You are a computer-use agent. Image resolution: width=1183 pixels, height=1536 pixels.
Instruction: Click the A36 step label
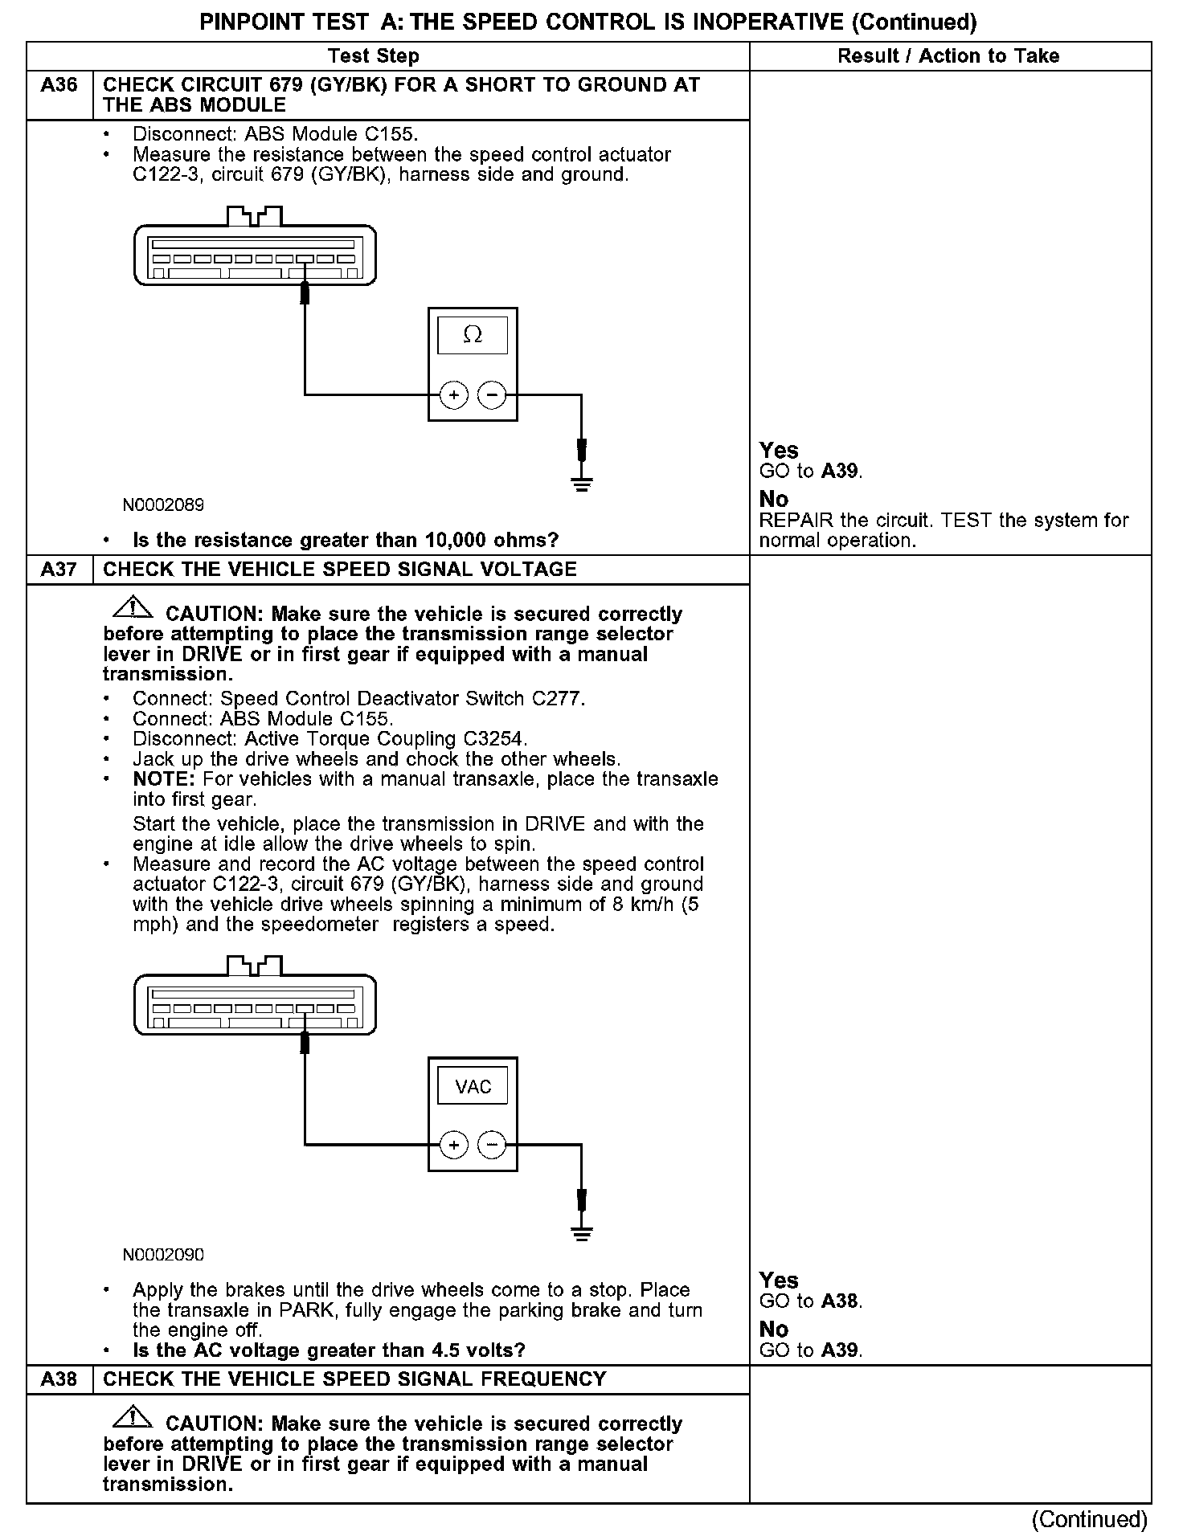[x=59, y=85]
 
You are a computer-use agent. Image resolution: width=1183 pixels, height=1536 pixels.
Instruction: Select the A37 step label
[x=59, y=570]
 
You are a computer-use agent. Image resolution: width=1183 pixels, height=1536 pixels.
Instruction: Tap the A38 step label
[x=59, y=1379]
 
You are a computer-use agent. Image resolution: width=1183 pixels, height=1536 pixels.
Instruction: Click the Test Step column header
[x=374, y=56]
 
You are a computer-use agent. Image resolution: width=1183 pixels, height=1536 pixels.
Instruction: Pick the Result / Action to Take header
[x=948, y=56]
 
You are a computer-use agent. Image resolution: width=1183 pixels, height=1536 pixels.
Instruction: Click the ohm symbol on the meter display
[x=473, y=335]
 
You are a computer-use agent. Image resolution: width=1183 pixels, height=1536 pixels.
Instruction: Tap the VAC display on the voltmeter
[x=473, y=1087]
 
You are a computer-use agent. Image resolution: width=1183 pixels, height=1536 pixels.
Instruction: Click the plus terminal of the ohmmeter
[x=454, y=395]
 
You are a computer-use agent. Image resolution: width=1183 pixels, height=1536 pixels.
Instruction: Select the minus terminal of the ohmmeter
[x=492, y=395]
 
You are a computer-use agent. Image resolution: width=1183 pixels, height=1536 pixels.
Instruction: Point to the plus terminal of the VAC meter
[x=454, y=1145]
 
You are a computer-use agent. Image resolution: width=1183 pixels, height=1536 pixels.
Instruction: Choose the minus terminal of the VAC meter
[x=492, y=1145]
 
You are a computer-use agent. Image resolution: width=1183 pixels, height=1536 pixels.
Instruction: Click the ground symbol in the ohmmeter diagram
[x=582, y=484]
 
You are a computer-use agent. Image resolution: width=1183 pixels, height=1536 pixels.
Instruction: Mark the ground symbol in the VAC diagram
[x=582, y=1233]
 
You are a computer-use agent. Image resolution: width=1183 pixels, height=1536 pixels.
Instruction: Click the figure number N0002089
[x=163, y=505]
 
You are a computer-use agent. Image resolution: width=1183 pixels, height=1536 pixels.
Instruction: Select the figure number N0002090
[x=163, y=1255]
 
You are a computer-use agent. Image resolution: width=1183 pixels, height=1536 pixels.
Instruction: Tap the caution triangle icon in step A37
[x=133, y=608]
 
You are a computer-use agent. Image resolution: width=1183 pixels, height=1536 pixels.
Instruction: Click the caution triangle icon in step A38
[x=133, y=1418]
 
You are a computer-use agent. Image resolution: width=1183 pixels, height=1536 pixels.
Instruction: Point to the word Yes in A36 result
[x=779, y=451]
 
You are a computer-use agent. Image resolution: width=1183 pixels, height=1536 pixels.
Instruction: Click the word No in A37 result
[x=773, y=1330]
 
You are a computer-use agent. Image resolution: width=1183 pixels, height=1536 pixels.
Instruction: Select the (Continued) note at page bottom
[x=1090, y=1519]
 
